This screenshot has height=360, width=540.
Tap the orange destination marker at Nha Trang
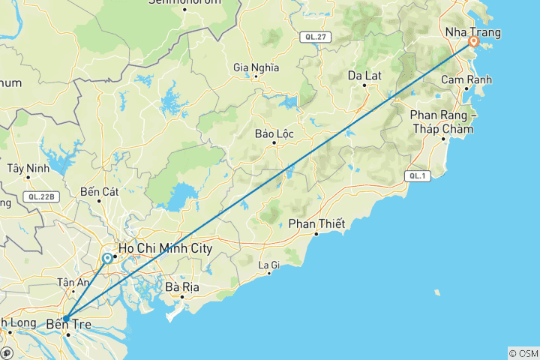(x=474, y=43)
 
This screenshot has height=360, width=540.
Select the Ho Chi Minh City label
(x=166, y=249)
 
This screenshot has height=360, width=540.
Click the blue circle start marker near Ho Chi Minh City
(x=107, y=259)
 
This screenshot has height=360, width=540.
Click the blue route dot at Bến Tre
(x=66, y=318)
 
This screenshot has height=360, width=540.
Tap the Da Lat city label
(x=365, y=75)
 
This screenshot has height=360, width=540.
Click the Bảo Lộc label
(x=274, y=133)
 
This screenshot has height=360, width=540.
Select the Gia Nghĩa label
(x=256, y=67)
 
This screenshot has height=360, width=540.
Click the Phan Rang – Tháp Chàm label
(x=442, y=121)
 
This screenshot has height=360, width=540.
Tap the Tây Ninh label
(x=28, y=167)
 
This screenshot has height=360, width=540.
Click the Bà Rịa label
(x=181, y=286)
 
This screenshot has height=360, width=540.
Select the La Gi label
(x=268, y=264)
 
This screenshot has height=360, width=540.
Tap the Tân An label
(x=73, y=282)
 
